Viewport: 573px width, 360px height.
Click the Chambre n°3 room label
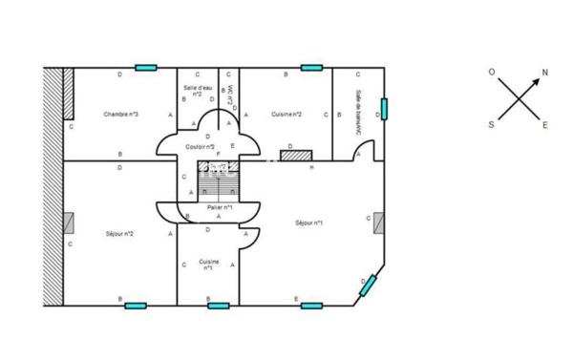(120, 115)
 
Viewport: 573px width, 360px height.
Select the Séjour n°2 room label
(118, 233)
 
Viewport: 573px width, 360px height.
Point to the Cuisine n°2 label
(286, 115)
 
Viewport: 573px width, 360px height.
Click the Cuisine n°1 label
(207, 265)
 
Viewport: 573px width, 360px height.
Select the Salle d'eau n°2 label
(197, 92)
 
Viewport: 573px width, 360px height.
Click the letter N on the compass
(545, 73)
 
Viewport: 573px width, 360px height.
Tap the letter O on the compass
(492, 72)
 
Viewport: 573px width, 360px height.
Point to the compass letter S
(492, 124)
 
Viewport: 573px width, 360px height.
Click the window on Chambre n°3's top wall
(146, 68)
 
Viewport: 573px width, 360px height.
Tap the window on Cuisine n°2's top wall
(311, 68)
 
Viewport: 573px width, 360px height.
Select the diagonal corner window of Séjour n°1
(369, 285)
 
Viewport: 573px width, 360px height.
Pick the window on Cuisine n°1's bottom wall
(219, 306)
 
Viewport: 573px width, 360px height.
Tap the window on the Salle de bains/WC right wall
(384, 108)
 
